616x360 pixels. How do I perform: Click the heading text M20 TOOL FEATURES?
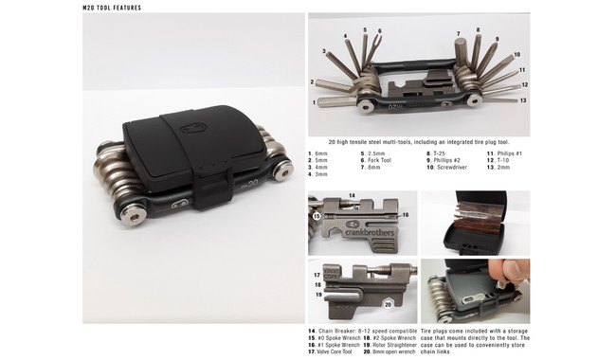pos(113,7)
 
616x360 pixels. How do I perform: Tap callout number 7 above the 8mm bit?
pos(457,34)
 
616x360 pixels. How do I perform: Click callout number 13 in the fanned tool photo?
pos(524,99)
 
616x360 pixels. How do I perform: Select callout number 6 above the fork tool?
pos(379,29)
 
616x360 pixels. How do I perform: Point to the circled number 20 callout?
pos(388,304)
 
